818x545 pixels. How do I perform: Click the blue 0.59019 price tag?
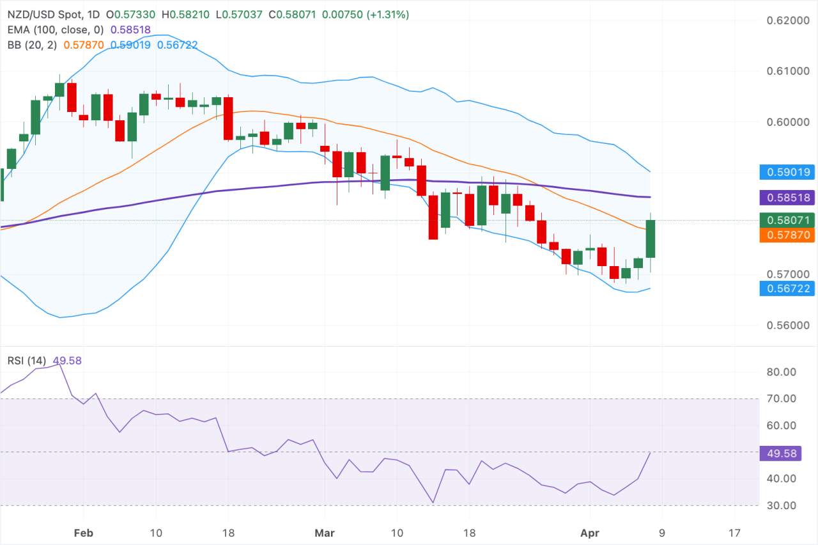pyautogui.click(x=785, y=171)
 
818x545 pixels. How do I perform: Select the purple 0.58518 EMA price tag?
pyautogui.click(x=785, y=198)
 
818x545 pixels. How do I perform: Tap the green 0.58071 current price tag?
pyautogui.click(x=785, y=221)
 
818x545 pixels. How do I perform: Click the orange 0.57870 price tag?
pyautogui.click(x=785, y=235)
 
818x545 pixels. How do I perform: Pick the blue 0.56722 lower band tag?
pyautogui.click(x=785, y=288)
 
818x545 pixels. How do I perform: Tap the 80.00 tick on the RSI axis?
pyautogui.click(x=785, y=372)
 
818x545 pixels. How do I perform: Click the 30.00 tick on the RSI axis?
pyautogui.click(x=785, y=505)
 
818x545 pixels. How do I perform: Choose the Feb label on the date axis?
pyautogui.click(x=84, y=532)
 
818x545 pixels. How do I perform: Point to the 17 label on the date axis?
pyautogui.click(x=734, y=532)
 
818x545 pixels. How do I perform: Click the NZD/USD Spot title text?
pyautogui.click(x=43, y=14)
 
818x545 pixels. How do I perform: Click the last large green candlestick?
pyautogui.click(x=651, y=239)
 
